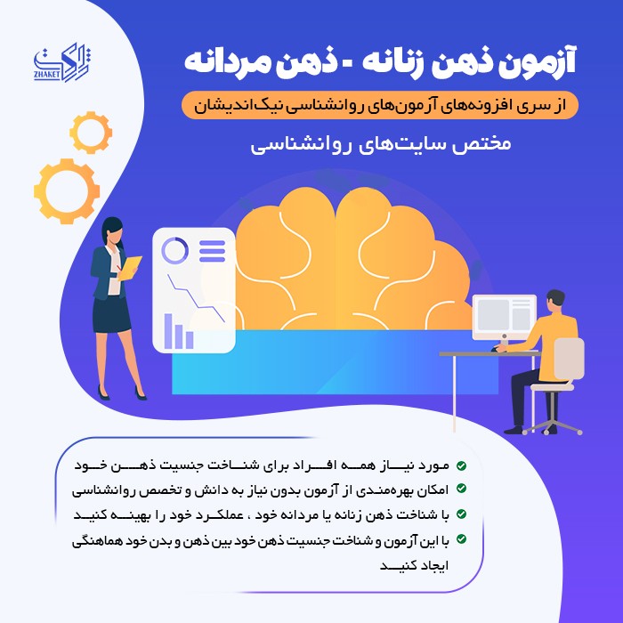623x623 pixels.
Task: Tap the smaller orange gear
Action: pyautogui.click(x=91, y=133)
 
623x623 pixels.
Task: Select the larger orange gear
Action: pyautogui.click(x=67, y=191)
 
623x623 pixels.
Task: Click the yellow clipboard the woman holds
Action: pyautogui.click(x=130, y=267)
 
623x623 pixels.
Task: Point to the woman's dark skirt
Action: pyautogui.click(x=111, y=314)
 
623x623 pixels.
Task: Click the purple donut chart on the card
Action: pyautogui.click(x=174, y=250)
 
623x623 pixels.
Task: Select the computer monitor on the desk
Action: pyautogui.click(x=505, y=318)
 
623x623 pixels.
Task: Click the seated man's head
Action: pyautogui.click(x=556, y=301)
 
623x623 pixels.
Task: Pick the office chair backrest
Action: pyautogui.click(x=569, y=359)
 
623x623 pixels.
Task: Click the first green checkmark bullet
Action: pyautogui.click(x=461, y=465)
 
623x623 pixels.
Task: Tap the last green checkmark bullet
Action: pyautogui.click(x=461, y=539)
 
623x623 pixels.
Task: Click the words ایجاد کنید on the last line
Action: pyautogui.click(x=415, y=565)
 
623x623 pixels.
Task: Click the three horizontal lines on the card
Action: pyautogui.click(x=212, y=251)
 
